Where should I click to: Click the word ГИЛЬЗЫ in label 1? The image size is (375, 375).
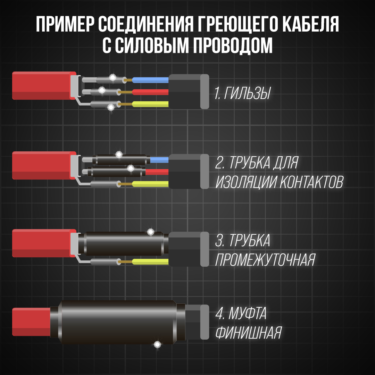coord(247,94)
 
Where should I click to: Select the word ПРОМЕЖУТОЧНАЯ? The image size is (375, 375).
coord(265,259)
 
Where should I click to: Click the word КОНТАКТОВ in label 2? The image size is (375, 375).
coord(311,182)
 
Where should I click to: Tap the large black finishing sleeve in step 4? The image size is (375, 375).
coord(118,322)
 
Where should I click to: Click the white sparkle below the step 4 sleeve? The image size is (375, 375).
coord(157,344)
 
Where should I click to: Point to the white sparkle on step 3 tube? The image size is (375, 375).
coord(151,232)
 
